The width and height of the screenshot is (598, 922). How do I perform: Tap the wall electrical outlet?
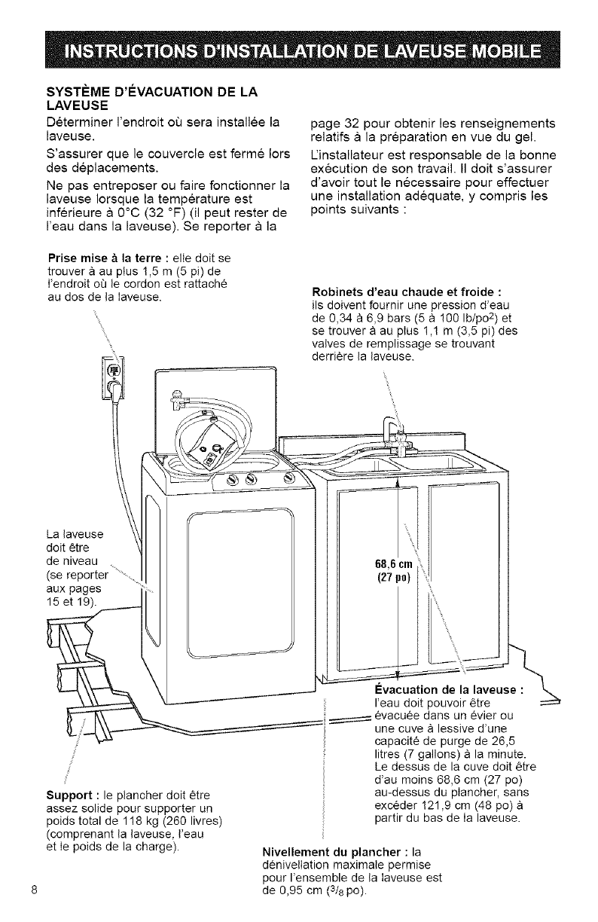click(114, 372)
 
